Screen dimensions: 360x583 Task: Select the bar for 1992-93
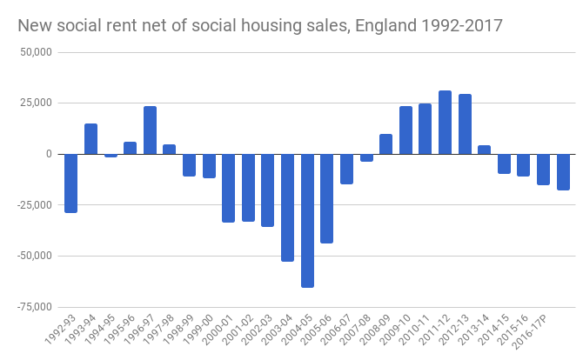71,183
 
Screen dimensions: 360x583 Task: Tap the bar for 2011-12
445,123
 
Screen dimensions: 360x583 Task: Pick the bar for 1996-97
150,130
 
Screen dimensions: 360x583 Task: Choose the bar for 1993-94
90,139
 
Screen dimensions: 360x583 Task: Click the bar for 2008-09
385,144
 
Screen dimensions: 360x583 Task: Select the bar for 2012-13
465,124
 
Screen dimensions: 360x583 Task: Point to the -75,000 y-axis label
32,306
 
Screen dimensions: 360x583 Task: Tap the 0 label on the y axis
49,154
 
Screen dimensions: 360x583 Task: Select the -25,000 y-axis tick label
32,205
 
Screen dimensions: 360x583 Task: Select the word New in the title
35,26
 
